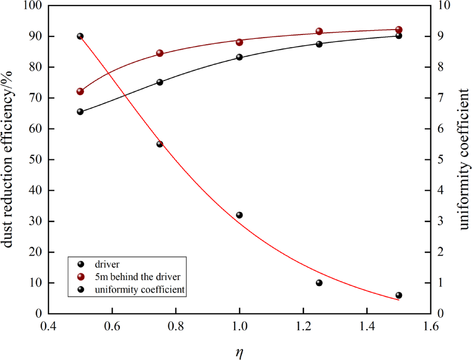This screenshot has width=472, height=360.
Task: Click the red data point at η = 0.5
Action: coord(80,91)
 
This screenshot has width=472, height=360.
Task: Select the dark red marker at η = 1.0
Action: coord(240,42)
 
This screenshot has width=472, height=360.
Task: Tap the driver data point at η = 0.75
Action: coord(160,82)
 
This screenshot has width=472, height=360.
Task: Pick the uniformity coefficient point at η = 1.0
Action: coord(240,215)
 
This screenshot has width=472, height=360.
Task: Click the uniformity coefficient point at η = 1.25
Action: coord(319,283)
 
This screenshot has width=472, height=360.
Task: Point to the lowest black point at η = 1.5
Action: coord(399,295)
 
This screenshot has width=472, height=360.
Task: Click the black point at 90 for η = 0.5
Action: coord(80,36)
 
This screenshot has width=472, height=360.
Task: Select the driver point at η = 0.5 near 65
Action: coord(80,112)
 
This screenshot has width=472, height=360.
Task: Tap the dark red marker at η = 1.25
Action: coord(319,31)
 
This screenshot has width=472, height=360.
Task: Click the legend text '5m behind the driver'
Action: coord(137,277)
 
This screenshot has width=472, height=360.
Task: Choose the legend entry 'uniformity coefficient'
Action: coord(140,289)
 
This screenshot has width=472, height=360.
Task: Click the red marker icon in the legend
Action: coord(81,277)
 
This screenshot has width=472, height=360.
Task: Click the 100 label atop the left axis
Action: coord(32,5)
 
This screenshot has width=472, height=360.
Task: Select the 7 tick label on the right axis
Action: coord(441,98)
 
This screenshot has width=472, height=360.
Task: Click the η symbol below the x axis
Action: coord(239,352)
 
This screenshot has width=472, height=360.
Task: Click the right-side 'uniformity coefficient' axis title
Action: coord(464,159)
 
